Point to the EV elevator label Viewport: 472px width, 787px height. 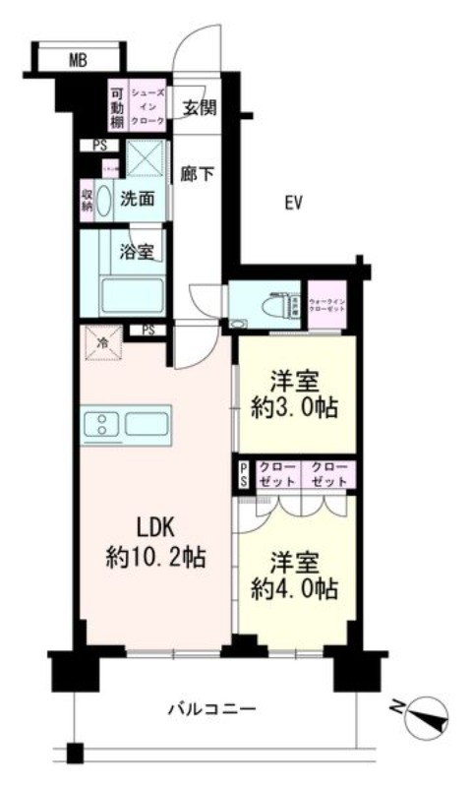tap(292, 204)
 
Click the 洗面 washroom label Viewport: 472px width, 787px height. tap(138, 198)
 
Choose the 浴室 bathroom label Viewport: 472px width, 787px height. tap(138, 251)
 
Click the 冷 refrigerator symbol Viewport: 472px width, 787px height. tap(103, 342)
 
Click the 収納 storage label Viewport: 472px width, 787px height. tap(88, 199)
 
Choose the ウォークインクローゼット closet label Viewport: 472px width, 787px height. tap(327, 304)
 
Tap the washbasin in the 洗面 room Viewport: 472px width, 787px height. tap(104, 198)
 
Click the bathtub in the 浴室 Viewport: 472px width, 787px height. tap(132, 293)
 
